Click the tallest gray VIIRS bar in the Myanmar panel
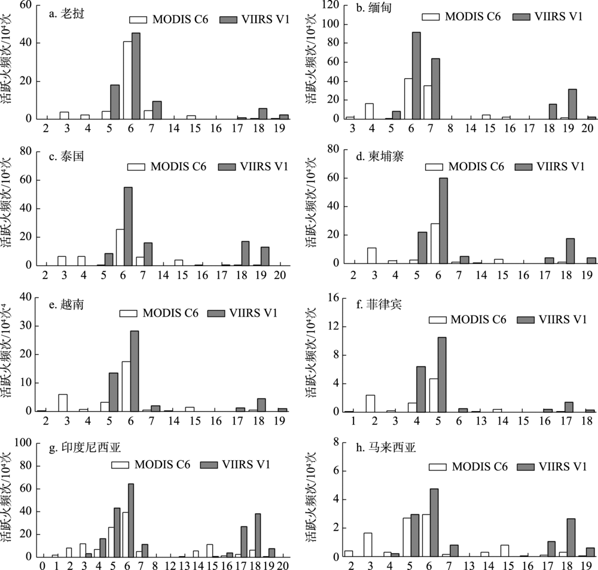pyautogui.click(x=416, y=75)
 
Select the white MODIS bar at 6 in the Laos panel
pyautogui.click(x=127, y=80)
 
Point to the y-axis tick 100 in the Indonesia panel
pyautogui.click(x=26, y=443)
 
